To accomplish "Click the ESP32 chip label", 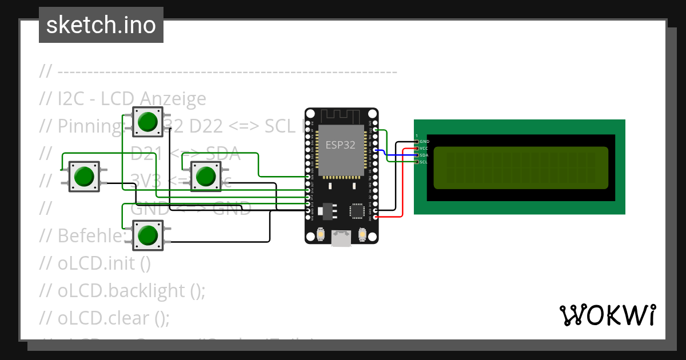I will coord(341,145).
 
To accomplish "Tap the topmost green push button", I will coord(148,122).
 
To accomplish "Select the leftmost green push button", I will coord(84,176).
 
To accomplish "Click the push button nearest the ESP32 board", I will coord(205,176).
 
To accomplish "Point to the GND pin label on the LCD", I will coord(424,141).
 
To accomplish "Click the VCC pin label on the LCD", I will coord(424,148).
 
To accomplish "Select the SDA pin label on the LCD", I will coord(424,155).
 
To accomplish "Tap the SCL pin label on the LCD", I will coord(424,162).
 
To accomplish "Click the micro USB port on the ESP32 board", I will coord(341,238).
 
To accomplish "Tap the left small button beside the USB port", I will coord(321,234).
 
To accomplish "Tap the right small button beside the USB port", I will coord(362,234).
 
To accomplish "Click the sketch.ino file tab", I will coord(101,25).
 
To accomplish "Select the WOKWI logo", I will coord(607,315).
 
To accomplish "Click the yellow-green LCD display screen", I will coord(520,168).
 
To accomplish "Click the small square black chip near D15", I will coord(357,211).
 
